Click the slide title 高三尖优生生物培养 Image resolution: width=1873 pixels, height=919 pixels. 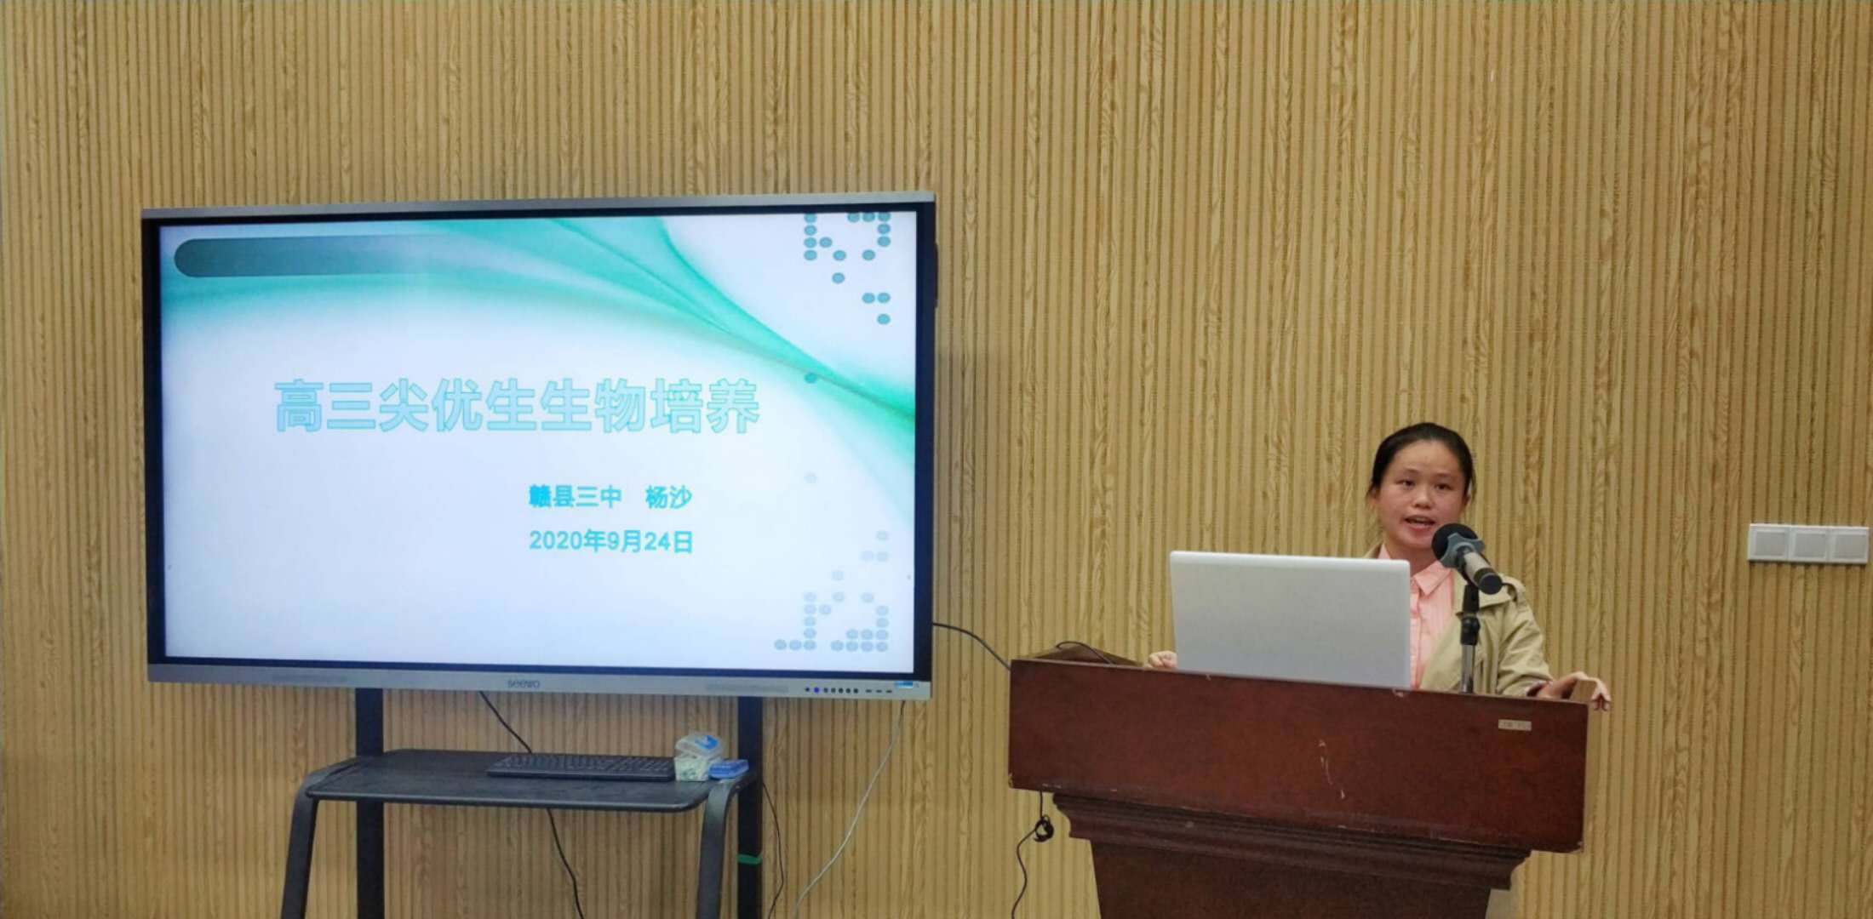[x=516, y=406]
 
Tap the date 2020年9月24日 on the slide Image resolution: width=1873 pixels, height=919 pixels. [x=610, y=541]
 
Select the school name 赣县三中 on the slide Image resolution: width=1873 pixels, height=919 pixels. [x=575, y=497]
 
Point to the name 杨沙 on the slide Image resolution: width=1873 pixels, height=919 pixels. [x=668, y=497]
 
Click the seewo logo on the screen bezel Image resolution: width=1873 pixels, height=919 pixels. [x=524, y=682]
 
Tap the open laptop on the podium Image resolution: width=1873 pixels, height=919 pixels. [x=1291, y=619]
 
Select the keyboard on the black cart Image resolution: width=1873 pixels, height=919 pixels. [x=582, y=767]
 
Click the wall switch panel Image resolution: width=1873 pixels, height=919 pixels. [x=1807, y=544]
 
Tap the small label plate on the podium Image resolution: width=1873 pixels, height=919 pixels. [x=1515, y=725]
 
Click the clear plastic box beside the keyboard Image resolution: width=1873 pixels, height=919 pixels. [x=697, y=756]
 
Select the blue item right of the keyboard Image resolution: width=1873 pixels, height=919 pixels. [x=729, y=770]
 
